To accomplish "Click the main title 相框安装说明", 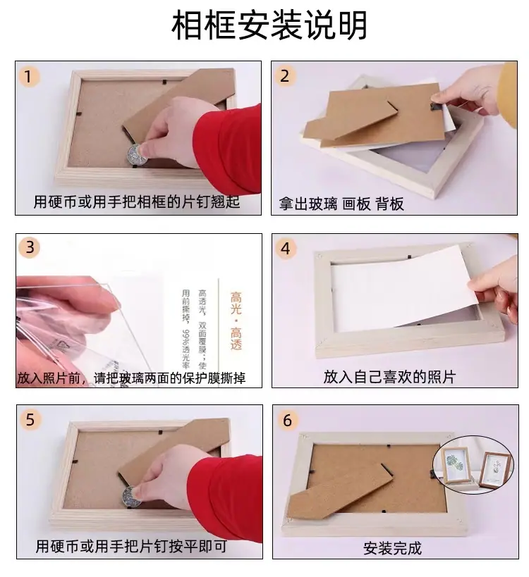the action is tap(269, 25).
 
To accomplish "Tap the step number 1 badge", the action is tap(29, 77).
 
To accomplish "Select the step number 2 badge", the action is tap(285, 76).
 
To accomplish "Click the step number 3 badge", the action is tap(30, 247).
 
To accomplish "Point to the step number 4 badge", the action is tap(286, 249).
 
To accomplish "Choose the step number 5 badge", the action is tap(30, 420).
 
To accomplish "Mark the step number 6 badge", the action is tap(287, 420).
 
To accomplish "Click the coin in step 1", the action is tap(136, 154).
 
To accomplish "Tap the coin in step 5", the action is tap(131, 496).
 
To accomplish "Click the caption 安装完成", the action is tap(392, 548).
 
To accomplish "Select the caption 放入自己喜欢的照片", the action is tap(390, 377).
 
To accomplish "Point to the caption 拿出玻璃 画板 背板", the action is tap(341, 204).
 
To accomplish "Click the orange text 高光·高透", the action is tap(236, 321).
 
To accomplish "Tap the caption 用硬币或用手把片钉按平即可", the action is tap(131, 546).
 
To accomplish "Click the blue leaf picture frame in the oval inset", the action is tap(456, 465).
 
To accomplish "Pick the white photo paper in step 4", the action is tap(403, 288).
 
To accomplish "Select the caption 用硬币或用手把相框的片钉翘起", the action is tap(137, 201).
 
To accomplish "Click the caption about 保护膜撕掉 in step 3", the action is tap(131, 378).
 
